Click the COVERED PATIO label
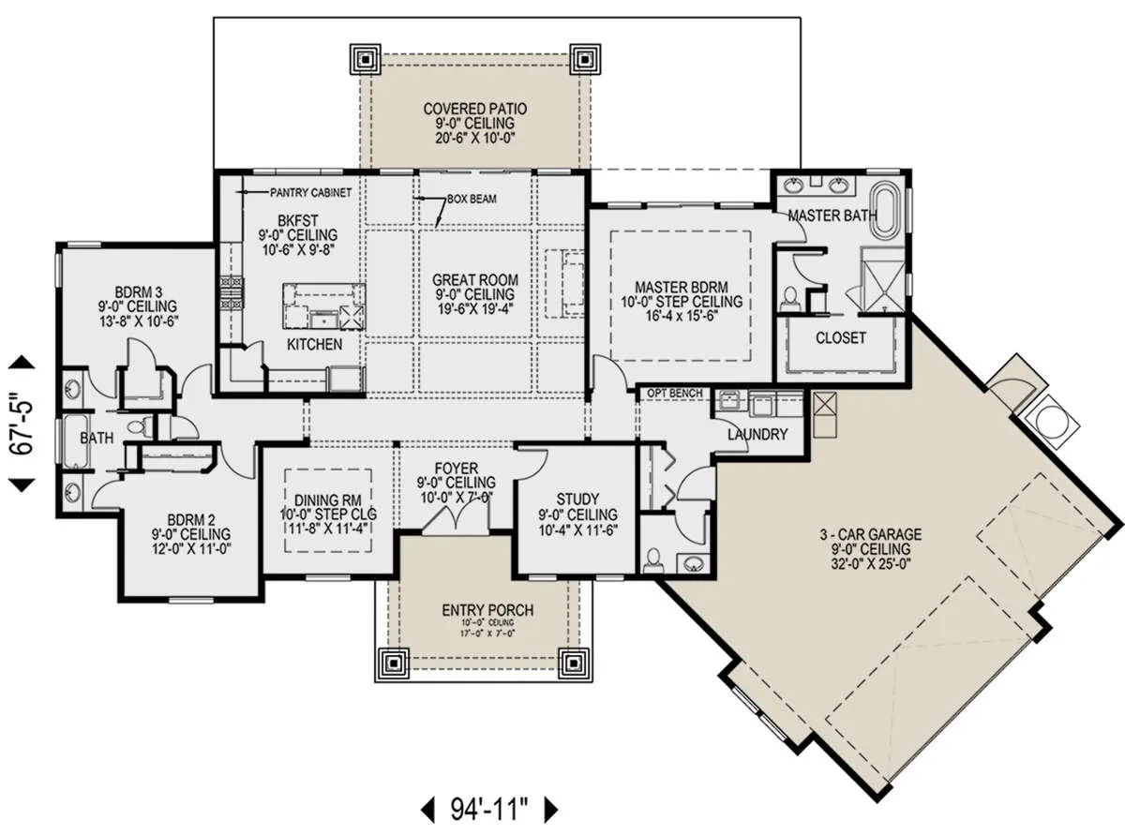(x=475, y=109)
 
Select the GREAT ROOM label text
(x=475, y=280)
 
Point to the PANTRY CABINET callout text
(x=310, y=193)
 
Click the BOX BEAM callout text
(x=472, y=200)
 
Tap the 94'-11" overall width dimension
(x=489, y=810)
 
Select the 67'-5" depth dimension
(x=22, y=424)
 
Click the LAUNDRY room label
(x=757, y=435)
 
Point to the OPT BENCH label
(x=675, y=394)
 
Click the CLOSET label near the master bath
(x=840, y=337)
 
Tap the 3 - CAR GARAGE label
(x=870, y=534)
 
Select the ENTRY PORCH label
(x=487, y=610)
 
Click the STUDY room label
(x=577, y=500)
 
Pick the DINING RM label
(x=328, y=500)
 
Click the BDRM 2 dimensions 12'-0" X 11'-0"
(x=192, y=548)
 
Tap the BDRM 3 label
(x=139, y=292)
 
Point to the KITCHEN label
(x=314, y=345)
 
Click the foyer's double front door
(x=456, y=520)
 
